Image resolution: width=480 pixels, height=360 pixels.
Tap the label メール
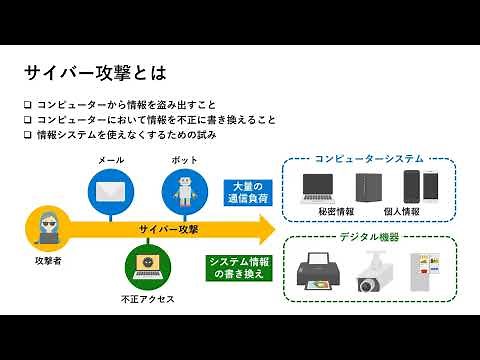(x=110, y=160)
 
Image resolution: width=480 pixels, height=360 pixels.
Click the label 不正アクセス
(x=147, y=298)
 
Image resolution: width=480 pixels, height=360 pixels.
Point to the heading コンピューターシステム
(x=368, y=158)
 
